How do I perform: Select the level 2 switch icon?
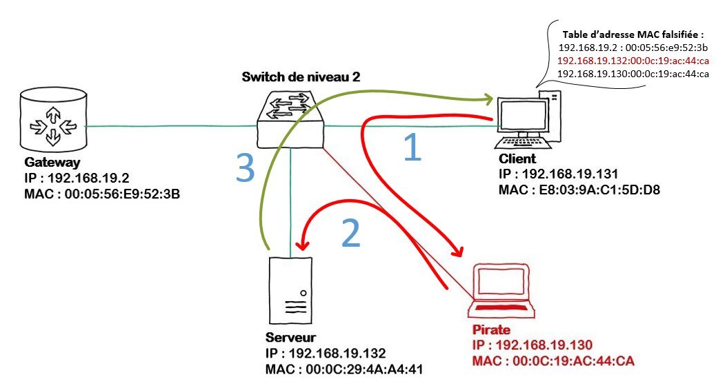point(290,117)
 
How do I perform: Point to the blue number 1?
point(411,147)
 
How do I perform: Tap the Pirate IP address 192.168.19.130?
point(532,345)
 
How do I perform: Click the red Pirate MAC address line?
point(553,360)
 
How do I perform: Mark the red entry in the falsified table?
point(633,61)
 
